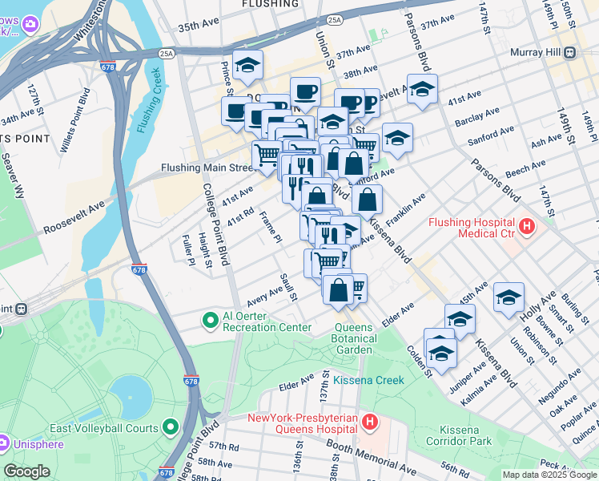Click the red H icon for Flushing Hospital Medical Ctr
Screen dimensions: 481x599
click(x=526, y=227)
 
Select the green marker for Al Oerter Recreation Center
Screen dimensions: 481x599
click(x=211, y=321)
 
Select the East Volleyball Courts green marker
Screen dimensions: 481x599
click(x=170, y=427)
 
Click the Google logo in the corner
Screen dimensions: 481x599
click(x=26, y=471)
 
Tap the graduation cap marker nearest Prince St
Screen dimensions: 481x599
click(x=248, y=64)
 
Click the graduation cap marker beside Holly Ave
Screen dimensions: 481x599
click(x=509, y=297)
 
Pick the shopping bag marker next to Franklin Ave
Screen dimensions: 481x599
click(x=366, y=200)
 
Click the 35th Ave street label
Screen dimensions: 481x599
click(x=198, y=26)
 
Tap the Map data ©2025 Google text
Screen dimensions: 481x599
click(x=549, y=475)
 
